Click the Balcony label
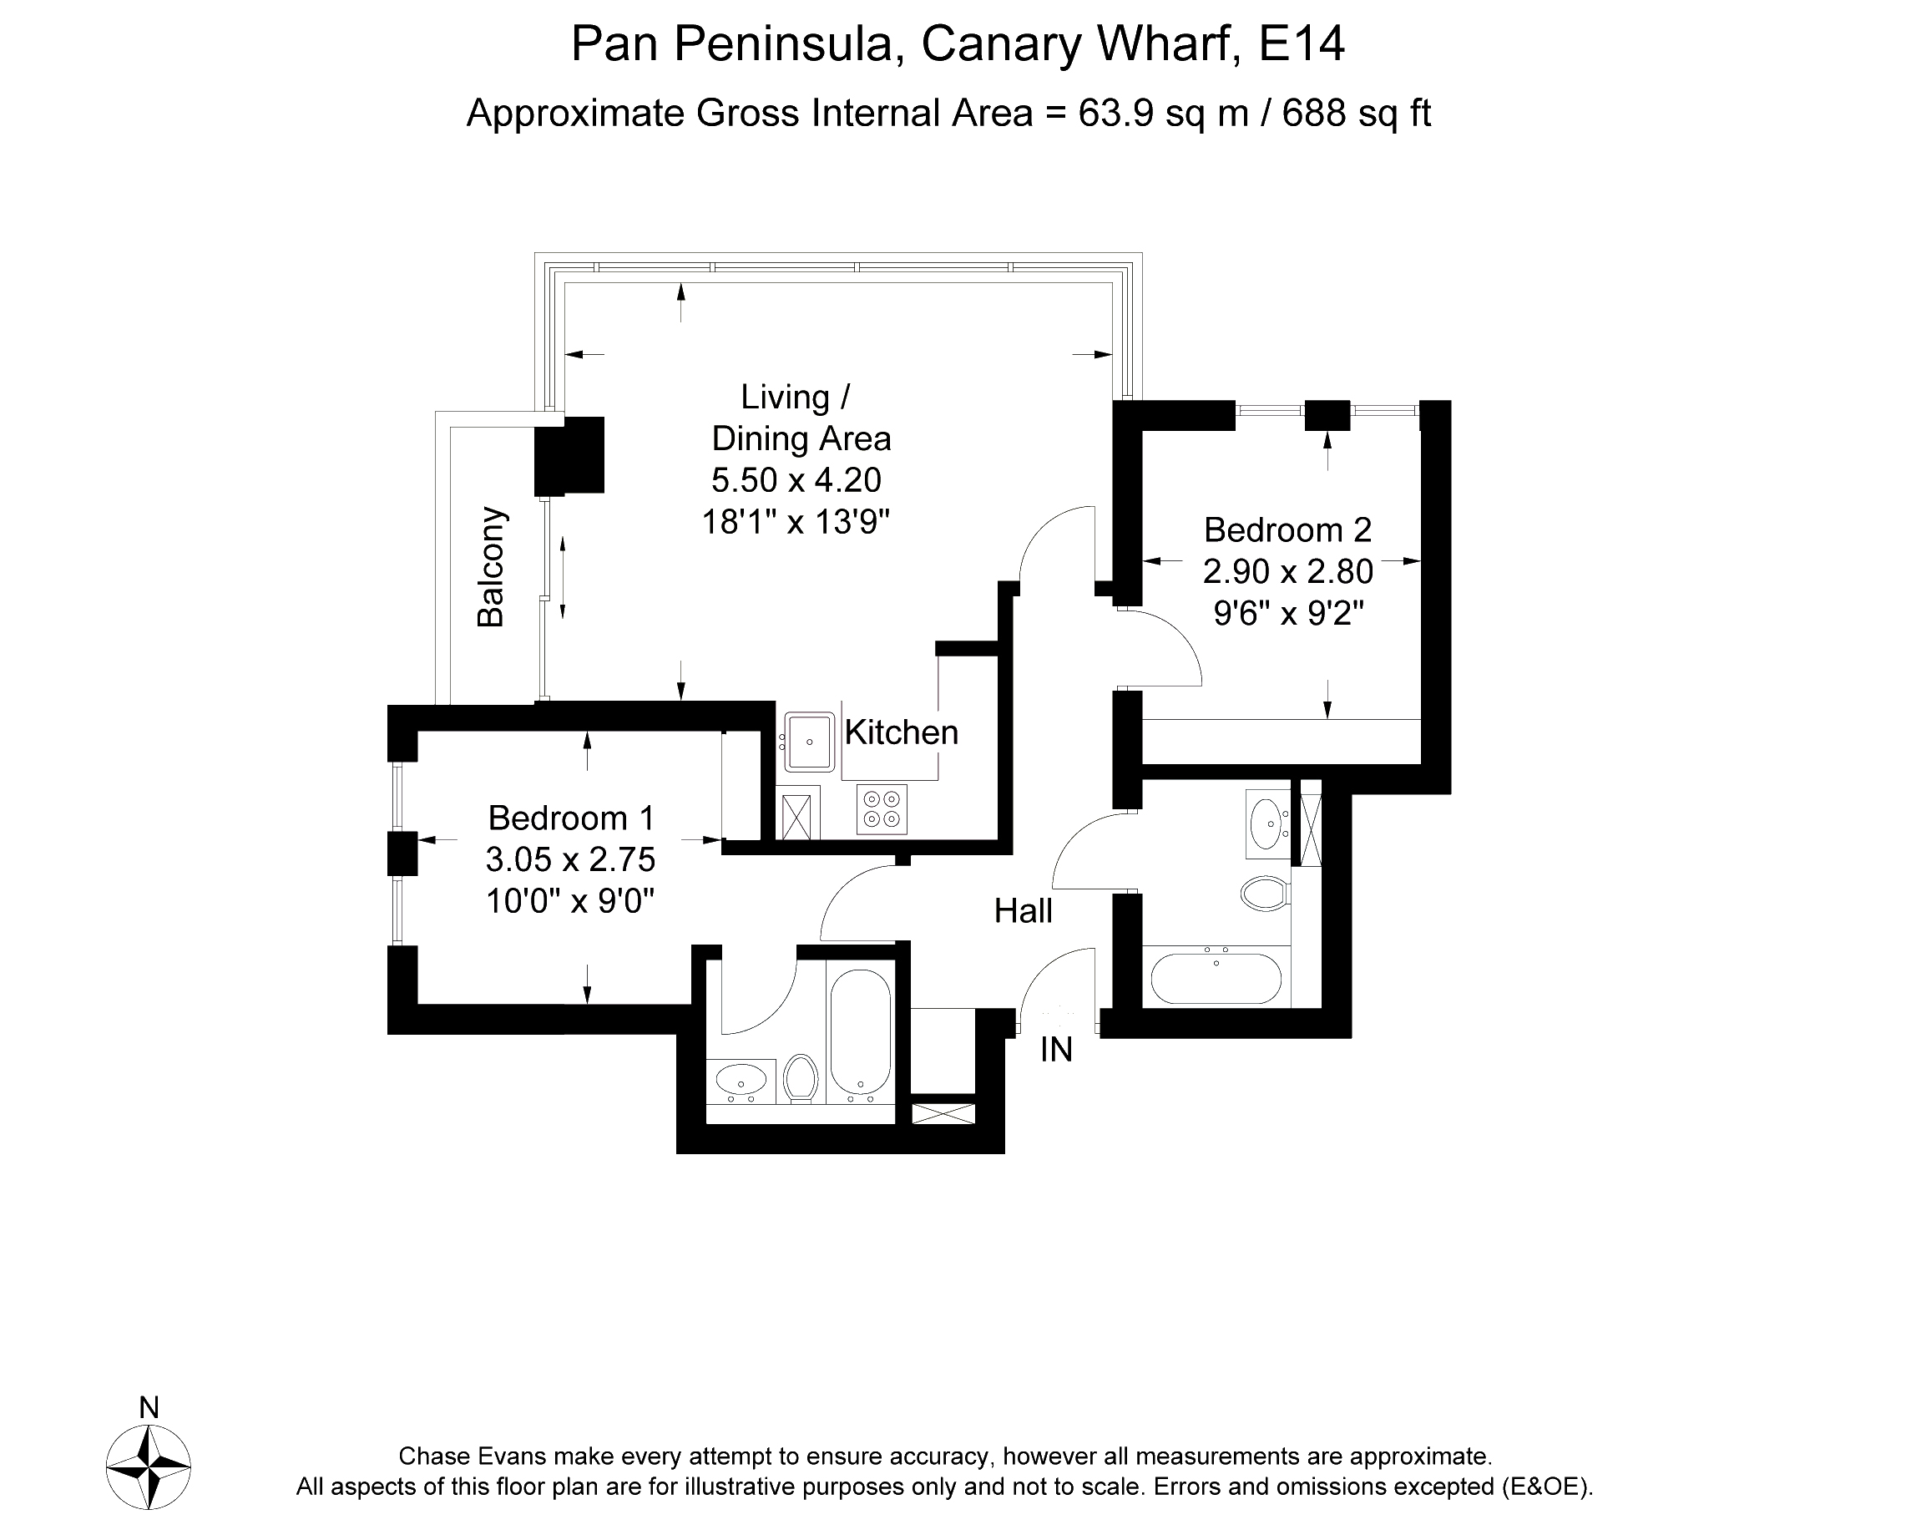tap(491, 568)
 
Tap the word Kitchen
tap(901, 732)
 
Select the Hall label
tap(1023, 911)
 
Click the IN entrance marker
tap(1055, 1050)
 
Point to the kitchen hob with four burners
tap(882, 809)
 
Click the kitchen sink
tap(807, 741)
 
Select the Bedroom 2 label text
tap(1287, 529)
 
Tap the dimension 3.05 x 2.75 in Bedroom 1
tap(570, 859)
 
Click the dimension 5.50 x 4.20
tap(796, 480)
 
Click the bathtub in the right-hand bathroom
tap(1216, 978)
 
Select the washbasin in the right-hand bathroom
tap(1267, 824)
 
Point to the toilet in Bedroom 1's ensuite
tap(801, 1078)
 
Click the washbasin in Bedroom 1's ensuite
tap(740, 1080)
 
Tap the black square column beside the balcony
tap(570, 455)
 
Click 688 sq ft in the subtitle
tap(1356, 114)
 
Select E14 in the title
tap(1301, 43)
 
